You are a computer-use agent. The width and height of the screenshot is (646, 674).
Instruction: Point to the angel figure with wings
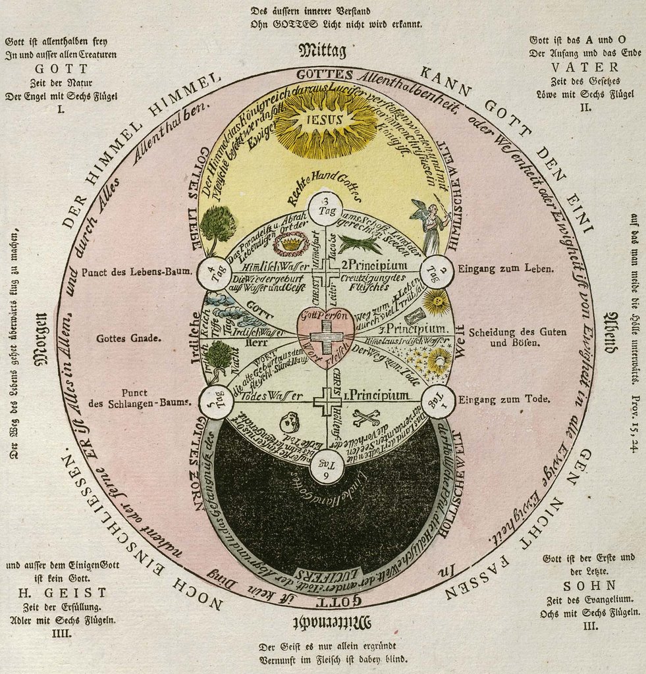pyautogui.click(x=431, y=225)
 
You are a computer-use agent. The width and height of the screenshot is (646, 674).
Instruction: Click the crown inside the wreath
pyautogui.click(x=290, y=244)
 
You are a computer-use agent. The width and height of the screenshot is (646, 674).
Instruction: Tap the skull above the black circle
pyautogui.click(x=289, y=422)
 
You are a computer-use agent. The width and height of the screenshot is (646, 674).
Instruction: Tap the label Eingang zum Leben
pyautogui.click(x=505, y=269)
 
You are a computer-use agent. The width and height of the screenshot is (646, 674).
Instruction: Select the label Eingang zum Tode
pyautogui.click(x=505, y=399)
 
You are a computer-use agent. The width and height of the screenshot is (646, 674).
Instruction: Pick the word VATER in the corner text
pyautogui.click(x=585, y=67)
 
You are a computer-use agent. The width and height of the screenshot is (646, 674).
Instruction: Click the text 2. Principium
pyautogui.click(x=366, y=265)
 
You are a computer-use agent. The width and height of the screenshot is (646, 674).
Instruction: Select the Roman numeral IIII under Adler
pyautogui.click(x=61, y=634)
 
